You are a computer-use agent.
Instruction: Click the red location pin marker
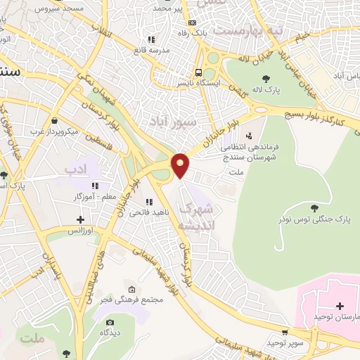click(181, 166)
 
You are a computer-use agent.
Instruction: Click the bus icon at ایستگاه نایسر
click(200, 72)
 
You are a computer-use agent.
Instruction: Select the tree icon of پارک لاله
click(265, 79)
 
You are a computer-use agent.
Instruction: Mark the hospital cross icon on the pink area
click(340, 307)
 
